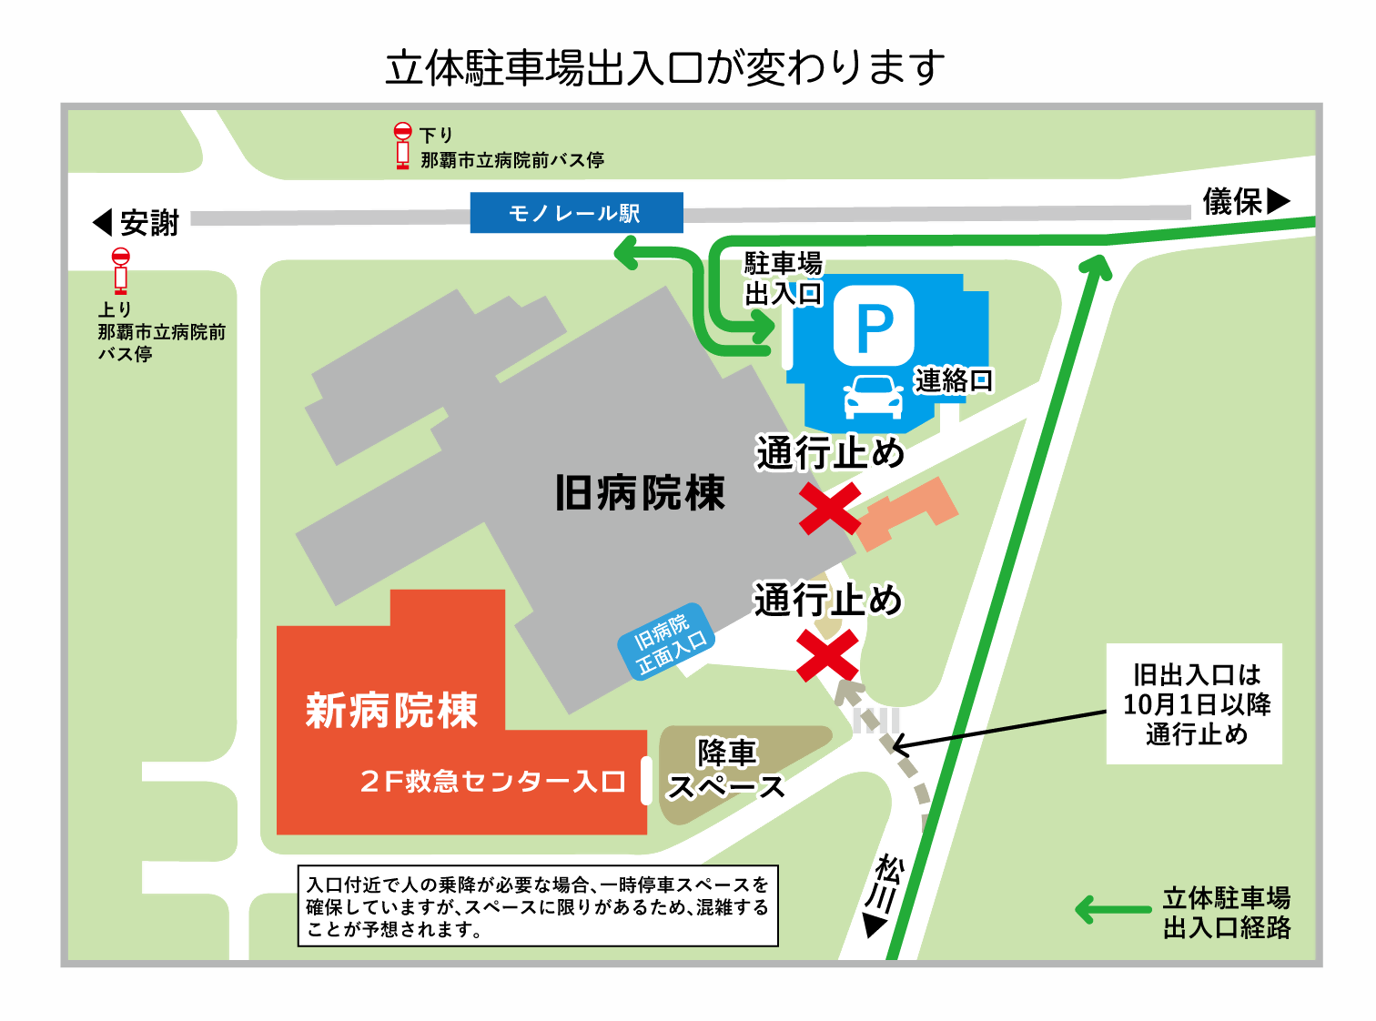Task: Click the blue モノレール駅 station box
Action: click(576, 213)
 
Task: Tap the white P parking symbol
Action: click(874, 326)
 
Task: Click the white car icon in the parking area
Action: click(874, 397)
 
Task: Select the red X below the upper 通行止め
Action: click(830, 508)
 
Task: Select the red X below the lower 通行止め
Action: click(827, 655)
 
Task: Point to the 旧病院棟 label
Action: click(640, 493)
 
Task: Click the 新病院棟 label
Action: click(391, 711)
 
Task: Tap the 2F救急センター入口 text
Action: click(492, 782)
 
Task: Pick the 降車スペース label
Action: click(726, 770)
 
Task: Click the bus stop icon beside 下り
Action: click(402, 146)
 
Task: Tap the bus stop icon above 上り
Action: click(120, 270)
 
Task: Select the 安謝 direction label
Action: click(137, 223)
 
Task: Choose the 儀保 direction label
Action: click(1246, 201)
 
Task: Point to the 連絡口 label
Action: click(954, 380)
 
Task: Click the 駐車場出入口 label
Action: click(783, 278)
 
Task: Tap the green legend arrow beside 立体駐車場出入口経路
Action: click(1112, 909)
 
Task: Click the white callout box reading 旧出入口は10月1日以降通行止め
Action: click(1194, 703)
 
